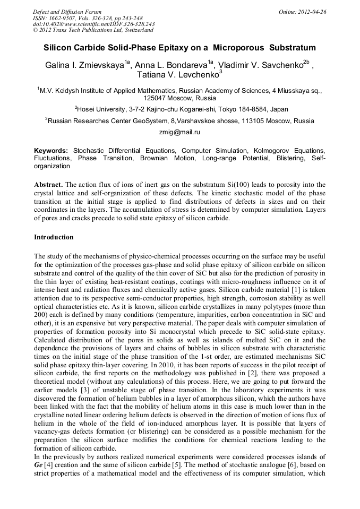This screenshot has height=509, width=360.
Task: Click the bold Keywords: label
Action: coord(51,151)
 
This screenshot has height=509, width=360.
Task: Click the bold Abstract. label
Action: coord(49,185)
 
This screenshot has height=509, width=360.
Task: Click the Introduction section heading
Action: coord(54,237)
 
